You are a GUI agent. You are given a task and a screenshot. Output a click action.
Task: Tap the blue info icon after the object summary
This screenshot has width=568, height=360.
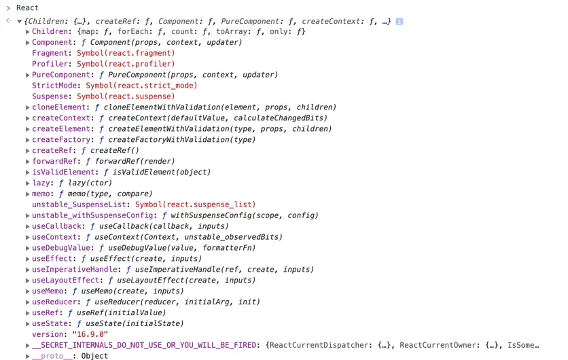[x=400, y=21]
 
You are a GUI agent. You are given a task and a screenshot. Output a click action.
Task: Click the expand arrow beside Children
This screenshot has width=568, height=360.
[x=28, y=32]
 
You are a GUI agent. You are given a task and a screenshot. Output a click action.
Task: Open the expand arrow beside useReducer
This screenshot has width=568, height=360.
[x=28, y=302]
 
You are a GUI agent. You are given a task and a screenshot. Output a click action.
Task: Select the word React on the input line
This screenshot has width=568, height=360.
[x=28, y=7]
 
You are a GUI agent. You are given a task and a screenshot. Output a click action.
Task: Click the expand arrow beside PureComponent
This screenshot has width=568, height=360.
[x=28, y=75]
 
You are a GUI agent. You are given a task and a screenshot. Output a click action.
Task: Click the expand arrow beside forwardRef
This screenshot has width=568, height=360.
[x=28, y=162]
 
